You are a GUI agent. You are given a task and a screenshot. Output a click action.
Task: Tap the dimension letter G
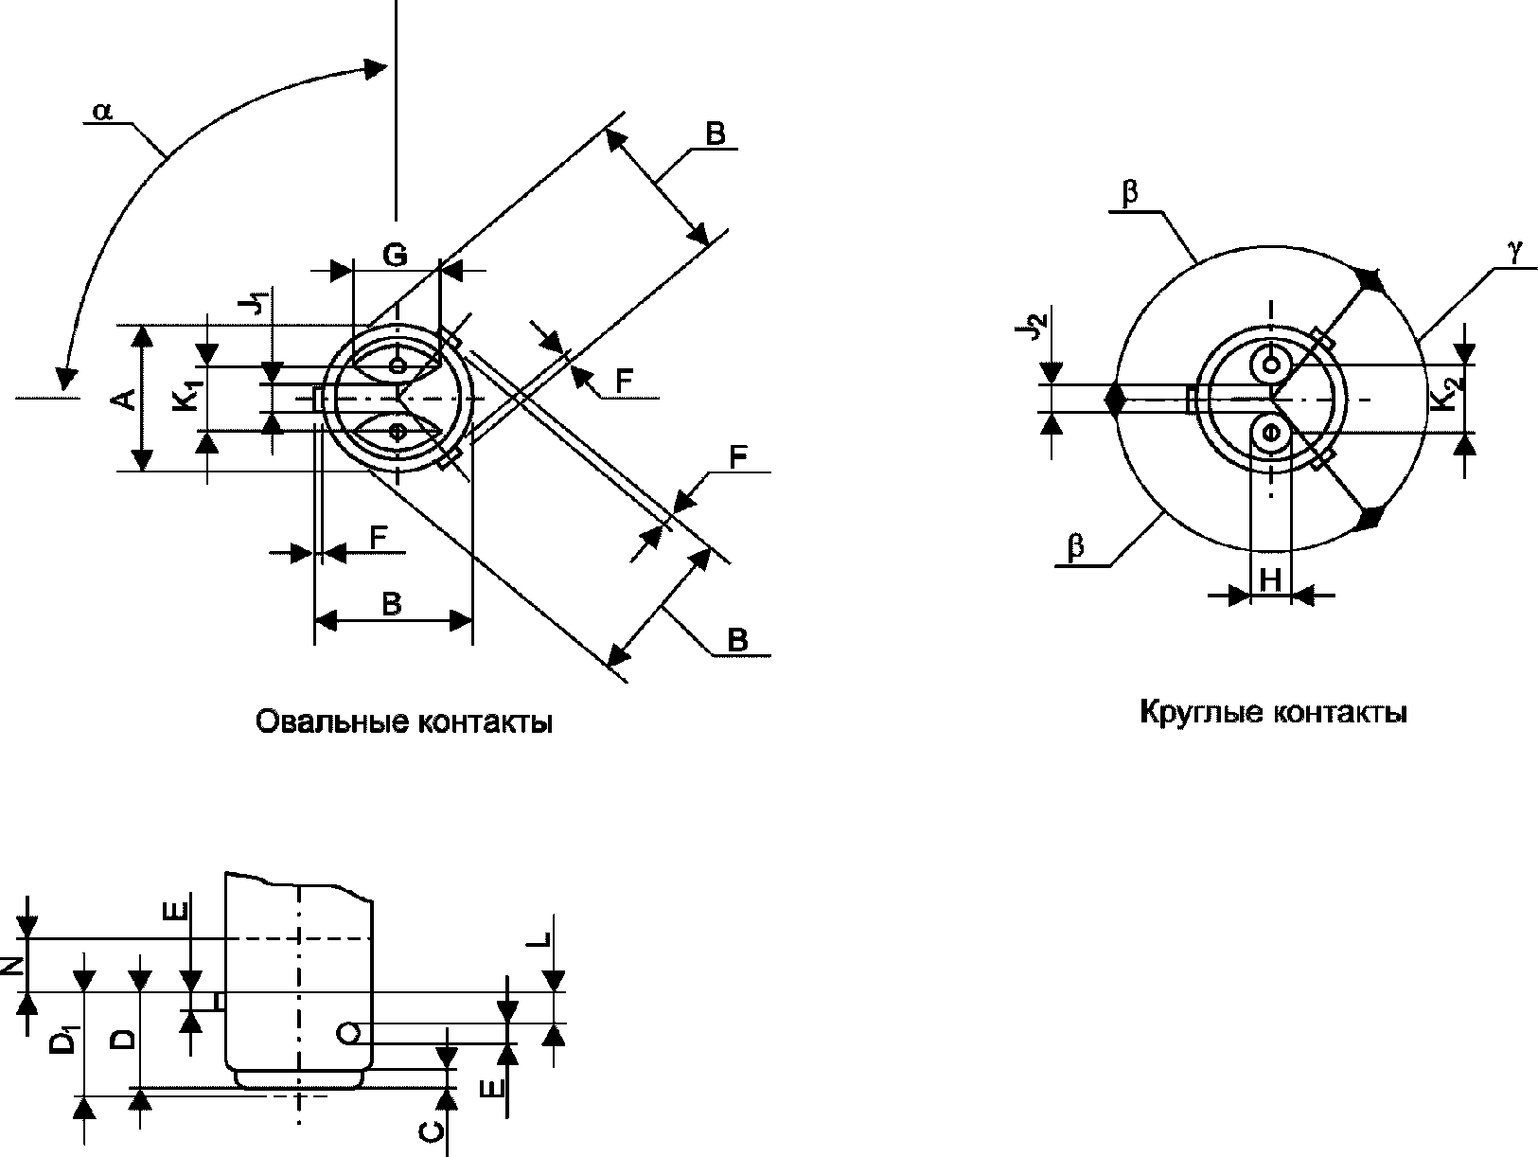(x=396, y=255)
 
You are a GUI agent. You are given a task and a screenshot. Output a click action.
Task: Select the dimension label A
(x=125, y=400)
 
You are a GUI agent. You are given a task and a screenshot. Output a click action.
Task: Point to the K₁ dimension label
(x=188, y=395)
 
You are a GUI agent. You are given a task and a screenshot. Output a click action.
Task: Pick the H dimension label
(x=1270, y=579)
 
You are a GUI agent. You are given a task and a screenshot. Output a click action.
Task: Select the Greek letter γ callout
(x=1515, y=252)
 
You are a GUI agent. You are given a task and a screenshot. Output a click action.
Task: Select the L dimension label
(x=539, y=940)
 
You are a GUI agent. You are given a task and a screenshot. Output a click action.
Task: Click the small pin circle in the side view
(x=348, y=1033)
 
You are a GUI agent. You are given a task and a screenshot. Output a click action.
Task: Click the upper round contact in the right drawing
(x=1270, y=365)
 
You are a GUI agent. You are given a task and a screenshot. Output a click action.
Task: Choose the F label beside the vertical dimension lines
(x=379, y=538)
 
